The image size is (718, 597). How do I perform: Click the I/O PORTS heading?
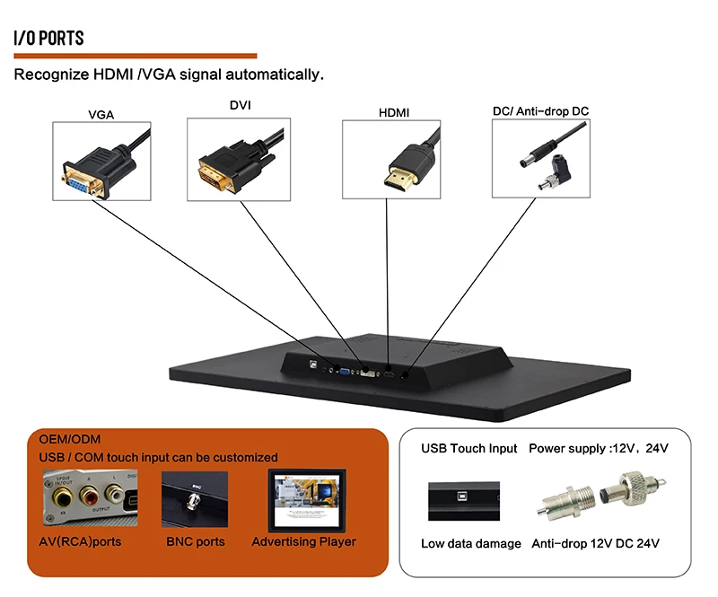(x=48, y=38)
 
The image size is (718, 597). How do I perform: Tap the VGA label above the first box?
(x=101, y=114)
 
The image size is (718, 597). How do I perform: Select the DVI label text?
(x=241, y=105)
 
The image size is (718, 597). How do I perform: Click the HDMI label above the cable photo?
(x=392, y=113)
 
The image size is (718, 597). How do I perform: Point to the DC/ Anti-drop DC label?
(x=540, y=111)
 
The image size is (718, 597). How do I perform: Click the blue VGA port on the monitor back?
(x=344, y=369)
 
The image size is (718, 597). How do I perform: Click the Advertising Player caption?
(x=303, y=542)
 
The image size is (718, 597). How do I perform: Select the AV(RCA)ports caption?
(x=81, y=542)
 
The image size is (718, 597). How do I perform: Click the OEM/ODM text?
(x=70, y=439)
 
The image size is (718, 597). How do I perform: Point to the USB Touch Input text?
(x=469, y=448)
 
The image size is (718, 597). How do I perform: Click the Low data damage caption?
(x=471, y=543)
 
